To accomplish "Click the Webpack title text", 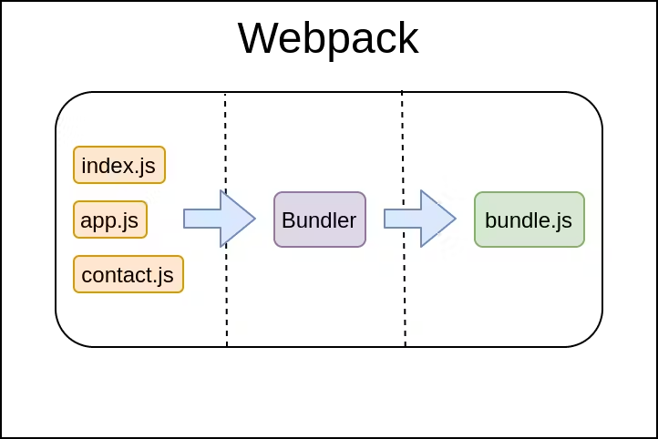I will (328, 39).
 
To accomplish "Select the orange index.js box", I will (119, 165).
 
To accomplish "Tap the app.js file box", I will (110, 219).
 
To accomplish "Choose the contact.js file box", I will (129, 274).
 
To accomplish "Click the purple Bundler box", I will (320, 219).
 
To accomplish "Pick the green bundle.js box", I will (529, 219).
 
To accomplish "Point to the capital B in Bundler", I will (288, 219).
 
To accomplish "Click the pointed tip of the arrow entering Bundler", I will (253, 219).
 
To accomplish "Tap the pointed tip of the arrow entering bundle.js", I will (454, 219).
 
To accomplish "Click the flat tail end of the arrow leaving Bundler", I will (386, 219).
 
